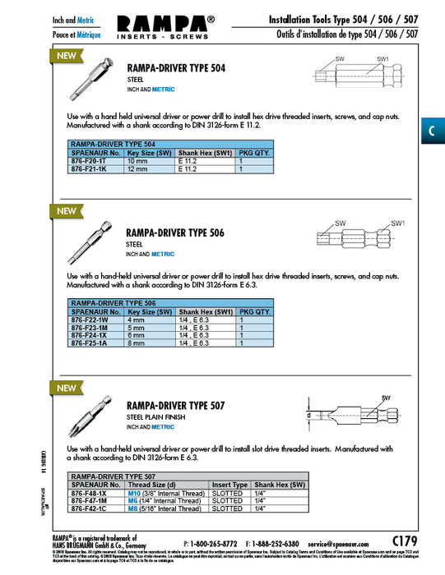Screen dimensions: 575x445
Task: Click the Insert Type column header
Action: [229, 485]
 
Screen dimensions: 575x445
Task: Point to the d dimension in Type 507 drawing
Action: [308, 416]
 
